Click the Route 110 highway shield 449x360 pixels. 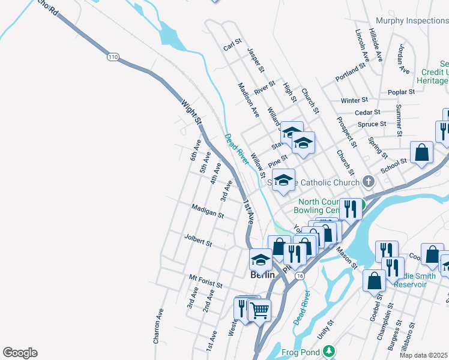point(113,57)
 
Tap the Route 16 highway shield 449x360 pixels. point(300,274)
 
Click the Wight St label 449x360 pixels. point(191,112)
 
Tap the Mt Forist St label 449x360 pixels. point(205,280)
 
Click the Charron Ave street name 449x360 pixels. point(158,326)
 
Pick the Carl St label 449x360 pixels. point(232,46)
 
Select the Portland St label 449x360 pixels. point(351,72)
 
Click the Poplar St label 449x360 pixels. point(402,92)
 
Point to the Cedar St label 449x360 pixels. point(367,112)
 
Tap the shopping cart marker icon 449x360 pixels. point(259,310)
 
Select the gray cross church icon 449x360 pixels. point(369,182)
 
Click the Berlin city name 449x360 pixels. point(262,275)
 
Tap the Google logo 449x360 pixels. point(20,352)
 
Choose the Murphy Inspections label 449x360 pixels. point(411,20)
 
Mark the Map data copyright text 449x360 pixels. point(424,355)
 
